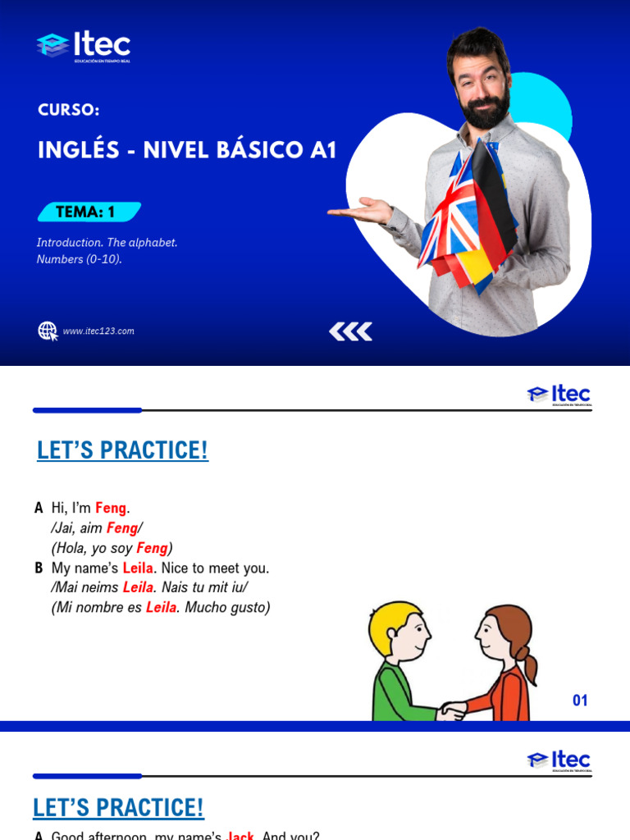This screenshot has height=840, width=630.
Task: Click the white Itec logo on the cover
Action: pyautogui.click(x=84, y=46)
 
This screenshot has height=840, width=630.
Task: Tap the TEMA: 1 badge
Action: pyautogui.click(x=86, y=212)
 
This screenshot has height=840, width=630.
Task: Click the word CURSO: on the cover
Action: pyautogui.click(x=69, y=109)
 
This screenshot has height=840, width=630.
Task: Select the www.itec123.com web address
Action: pyautogui.click(x=98, y=331)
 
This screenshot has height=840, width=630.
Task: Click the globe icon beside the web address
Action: pyautogui.click(x=48, y=331)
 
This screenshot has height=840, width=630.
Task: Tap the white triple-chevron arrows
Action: pyautogui.click(x=350, y=331)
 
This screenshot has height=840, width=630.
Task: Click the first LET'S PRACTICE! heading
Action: pyautogui.click(x=123, y=450)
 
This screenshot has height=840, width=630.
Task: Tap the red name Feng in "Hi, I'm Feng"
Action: pyautogui.click(x=111, y=509)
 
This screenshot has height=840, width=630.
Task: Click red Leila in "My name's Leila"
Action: pyautogui.click(x=137, y=568)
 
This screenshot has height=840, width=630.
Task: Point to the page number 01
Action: pyautogui.click(x=580, y=701)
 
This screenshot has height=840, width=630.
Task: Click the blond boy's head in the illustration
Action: pyautogui.click(x=397, y=632)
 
